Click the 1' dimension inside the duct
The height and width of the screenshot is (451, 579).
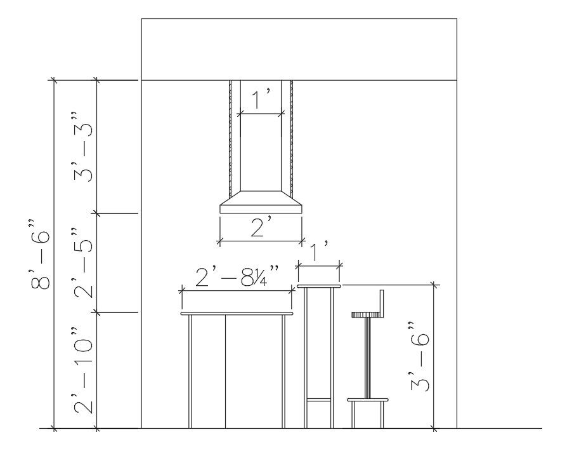261,99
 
